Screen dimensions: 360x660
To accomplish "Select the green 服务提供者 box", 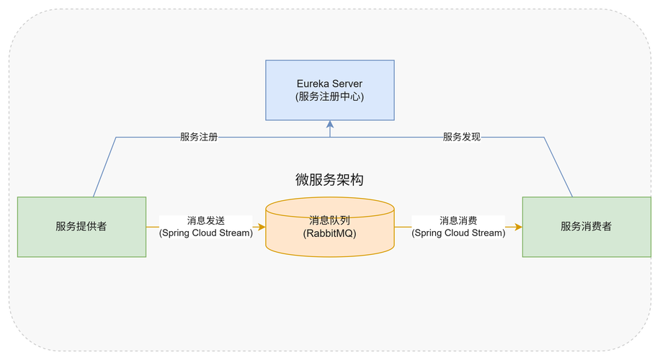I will pyautogui.click(x=81, y=226).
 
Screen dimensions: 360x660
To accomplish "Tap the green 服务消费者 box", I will pyautogui.click(x=586, y=226).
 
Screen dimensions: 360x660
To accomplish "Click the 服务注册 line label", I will pyautogui.click(x=199, y=136).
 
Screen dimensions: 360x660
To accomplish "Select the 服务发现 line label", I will pyautogui.click(x=461, y=136).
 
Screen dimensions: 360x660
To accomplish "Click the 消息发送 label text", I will pyautogui.click(x=206, y=221).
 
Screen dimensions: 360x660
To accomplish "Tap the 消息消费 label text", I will pyautogui.click(x=458, y=221).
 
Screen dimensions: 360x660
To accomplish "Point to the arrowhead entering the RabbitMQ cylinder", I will pyautogui.click(x=262, y=226).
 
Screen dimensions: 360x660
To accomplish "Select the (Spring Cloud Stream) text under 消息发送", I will pyautogui.click(x=206, y=233).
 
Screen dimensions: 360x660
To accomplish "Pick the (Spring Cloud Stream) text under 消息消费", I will pyautogui.click(x=458, y=233).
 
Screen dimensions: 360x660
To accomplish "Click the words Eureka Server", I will pyautogui.click(x=329, y=84).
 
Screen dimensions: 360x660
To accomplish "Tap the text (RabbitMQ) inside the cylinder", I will pyautogui.click(x=329, y=233).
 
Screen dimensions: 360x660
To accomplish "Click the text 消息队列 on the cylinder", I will pyautogui.click(x=329, y=220).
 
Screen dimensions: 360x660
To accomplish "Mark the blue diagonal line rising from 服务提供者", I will pyautogui.click(x=104, y=167).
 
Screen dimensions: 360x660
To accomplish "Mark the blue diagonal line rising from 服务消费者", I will pyautogui.click(x=558, y=167).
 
